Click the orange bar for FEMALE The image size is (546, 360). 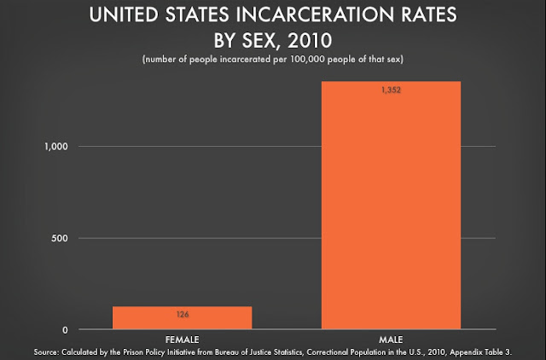click(182, 317)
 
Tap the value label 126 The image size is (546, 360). click(182, 314)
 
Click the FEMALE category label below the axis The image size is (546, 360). click(182, 338)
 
